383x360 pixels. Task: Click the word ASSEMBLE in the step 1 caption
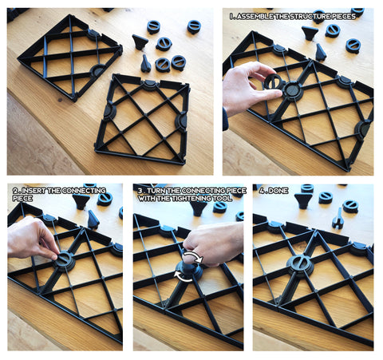[x=255, y=17]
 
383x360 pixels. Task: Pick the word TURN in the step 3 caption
[x=156, y=191]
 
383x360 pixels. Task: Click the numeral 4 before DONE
[x=262, y=191]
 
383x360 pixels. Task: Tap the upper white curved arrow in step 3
[x=194, y=256]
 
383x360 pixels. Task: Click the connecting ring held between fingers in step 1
[x=272, y=81]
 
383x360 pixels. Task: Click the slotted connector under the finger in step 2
[x=64, y=261]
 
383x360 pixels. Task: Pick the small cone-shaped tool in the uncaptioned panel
[x=145, y=64]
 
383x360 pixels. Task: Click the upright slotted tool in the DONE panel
[x=337, y=219]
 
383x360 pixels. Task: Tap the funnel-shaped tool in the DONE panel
[x=303, y=201]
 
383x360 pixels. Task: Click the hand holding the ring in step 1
[x=249, y=88]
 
